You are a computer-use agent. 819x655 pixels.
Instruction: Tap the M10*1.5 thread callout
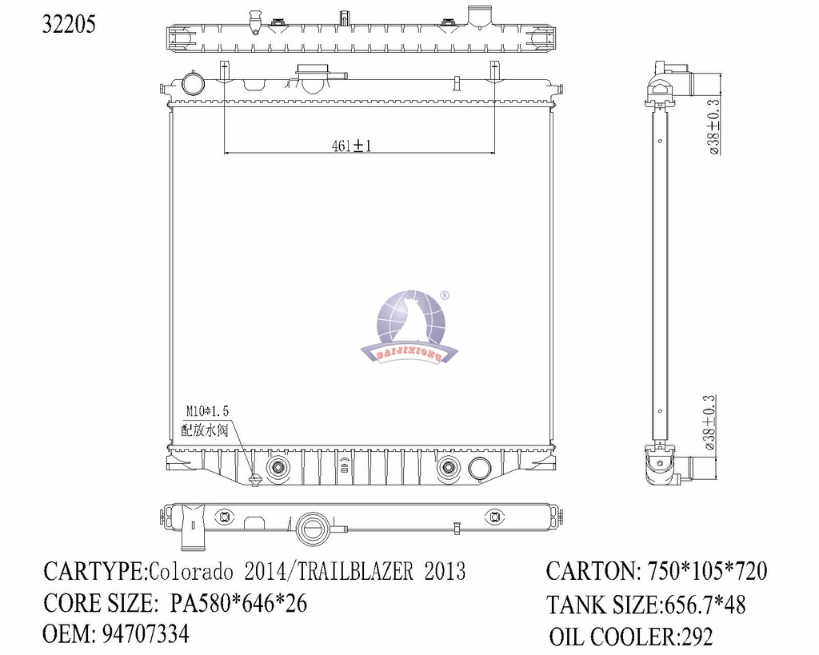click(x=208, y=411)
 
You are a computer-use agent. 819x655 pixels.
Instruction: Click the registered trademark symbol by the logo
click(x=445, y=296)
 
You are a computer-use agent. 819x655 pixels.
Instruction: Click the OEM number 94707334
click(x=146, y=634)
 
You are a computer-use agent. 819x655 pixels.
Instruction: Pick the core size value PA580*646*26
click(x=238, y=603)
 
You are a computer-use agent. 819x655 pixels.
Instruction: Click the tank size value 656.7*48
click(x=705, y=605)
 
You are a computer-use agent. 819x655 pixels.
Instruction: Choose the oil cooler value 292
click(x=695, y=637)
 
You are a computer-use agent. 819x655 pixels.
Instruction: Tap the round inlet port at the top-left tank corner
click(x=193, y=83)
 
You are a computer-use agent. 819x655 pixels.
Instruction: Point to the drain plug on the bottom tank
click(x=255, y=479)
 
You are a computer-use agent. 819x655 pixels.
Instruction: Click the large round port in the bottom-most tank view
click(x=311, y=528)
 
